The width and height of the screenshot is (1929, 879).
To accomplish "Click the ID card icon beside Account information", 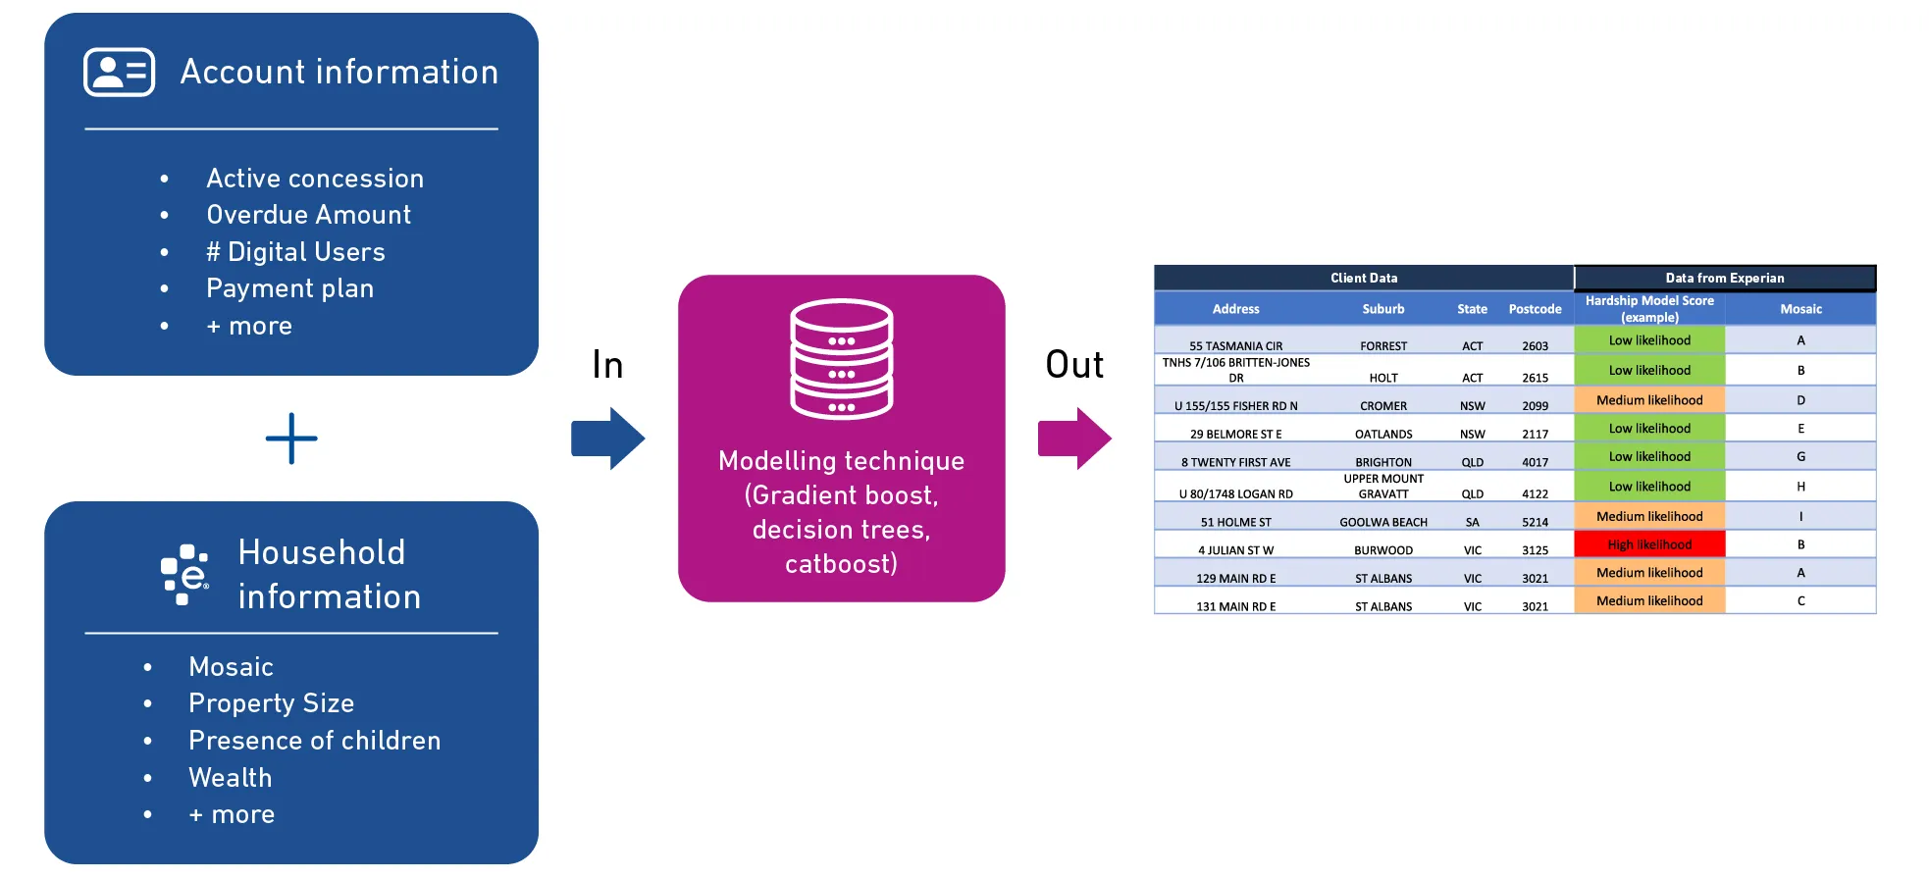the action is click(x=119, y=72).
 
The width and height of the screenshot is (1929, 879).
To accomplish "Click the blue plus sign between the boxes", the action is click(x=291, y=439).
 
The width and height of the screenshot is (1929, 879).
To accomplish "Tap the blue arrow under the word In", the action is click(x=608, y=439).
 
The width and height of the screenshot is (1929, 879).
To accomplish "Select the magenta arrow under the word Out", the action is click(x=1074, y=439).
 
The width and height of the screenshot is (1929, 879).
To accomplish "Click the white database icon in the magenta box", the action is click(x=842, y=359).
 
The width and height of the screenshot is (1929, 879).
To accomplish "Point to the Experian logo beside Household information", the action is click(x=184, y=574).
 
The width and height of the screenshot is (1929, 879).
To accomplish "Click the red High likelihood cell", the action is click(x=1649, y=544).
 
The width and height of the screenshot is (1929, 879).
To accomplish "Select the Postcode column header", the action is click(x=1535, y=309).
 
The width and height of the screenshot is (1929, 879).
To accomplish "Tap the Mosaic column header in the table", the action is click(x=1800, y=309).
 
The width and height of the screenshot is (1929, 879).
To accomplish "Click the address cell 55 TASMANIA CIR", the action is click(x=1235, y=345).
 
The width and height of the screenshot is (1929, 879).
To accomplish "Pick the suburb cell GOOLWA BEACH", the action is click(x=1383, y=522).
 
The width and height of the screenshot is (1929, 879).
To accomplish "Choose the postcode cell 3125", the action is click(x=1535, y=550).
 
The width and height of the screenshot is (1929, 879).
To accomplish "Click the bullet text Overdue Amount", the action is click(x=308, y=215).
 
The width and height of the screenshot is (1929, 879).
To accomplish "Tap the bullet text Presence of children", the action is click(x=314, y=741).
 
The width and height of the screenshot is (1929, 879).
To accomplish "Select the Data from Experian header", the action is click(x=1724, y=278).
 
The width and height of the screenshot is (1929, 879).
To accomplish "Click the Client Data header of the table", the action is click(x=1364, y=278).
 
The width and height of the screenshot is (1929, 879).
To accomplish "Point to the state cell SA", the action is click(x=1472, y=522).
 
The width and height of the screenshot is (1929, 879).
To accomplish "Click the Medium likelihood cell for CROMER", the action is click(x=1649, y=400).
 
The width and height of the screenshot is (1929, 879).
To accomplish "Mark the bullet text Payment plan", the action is click(x=289, y=289).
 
